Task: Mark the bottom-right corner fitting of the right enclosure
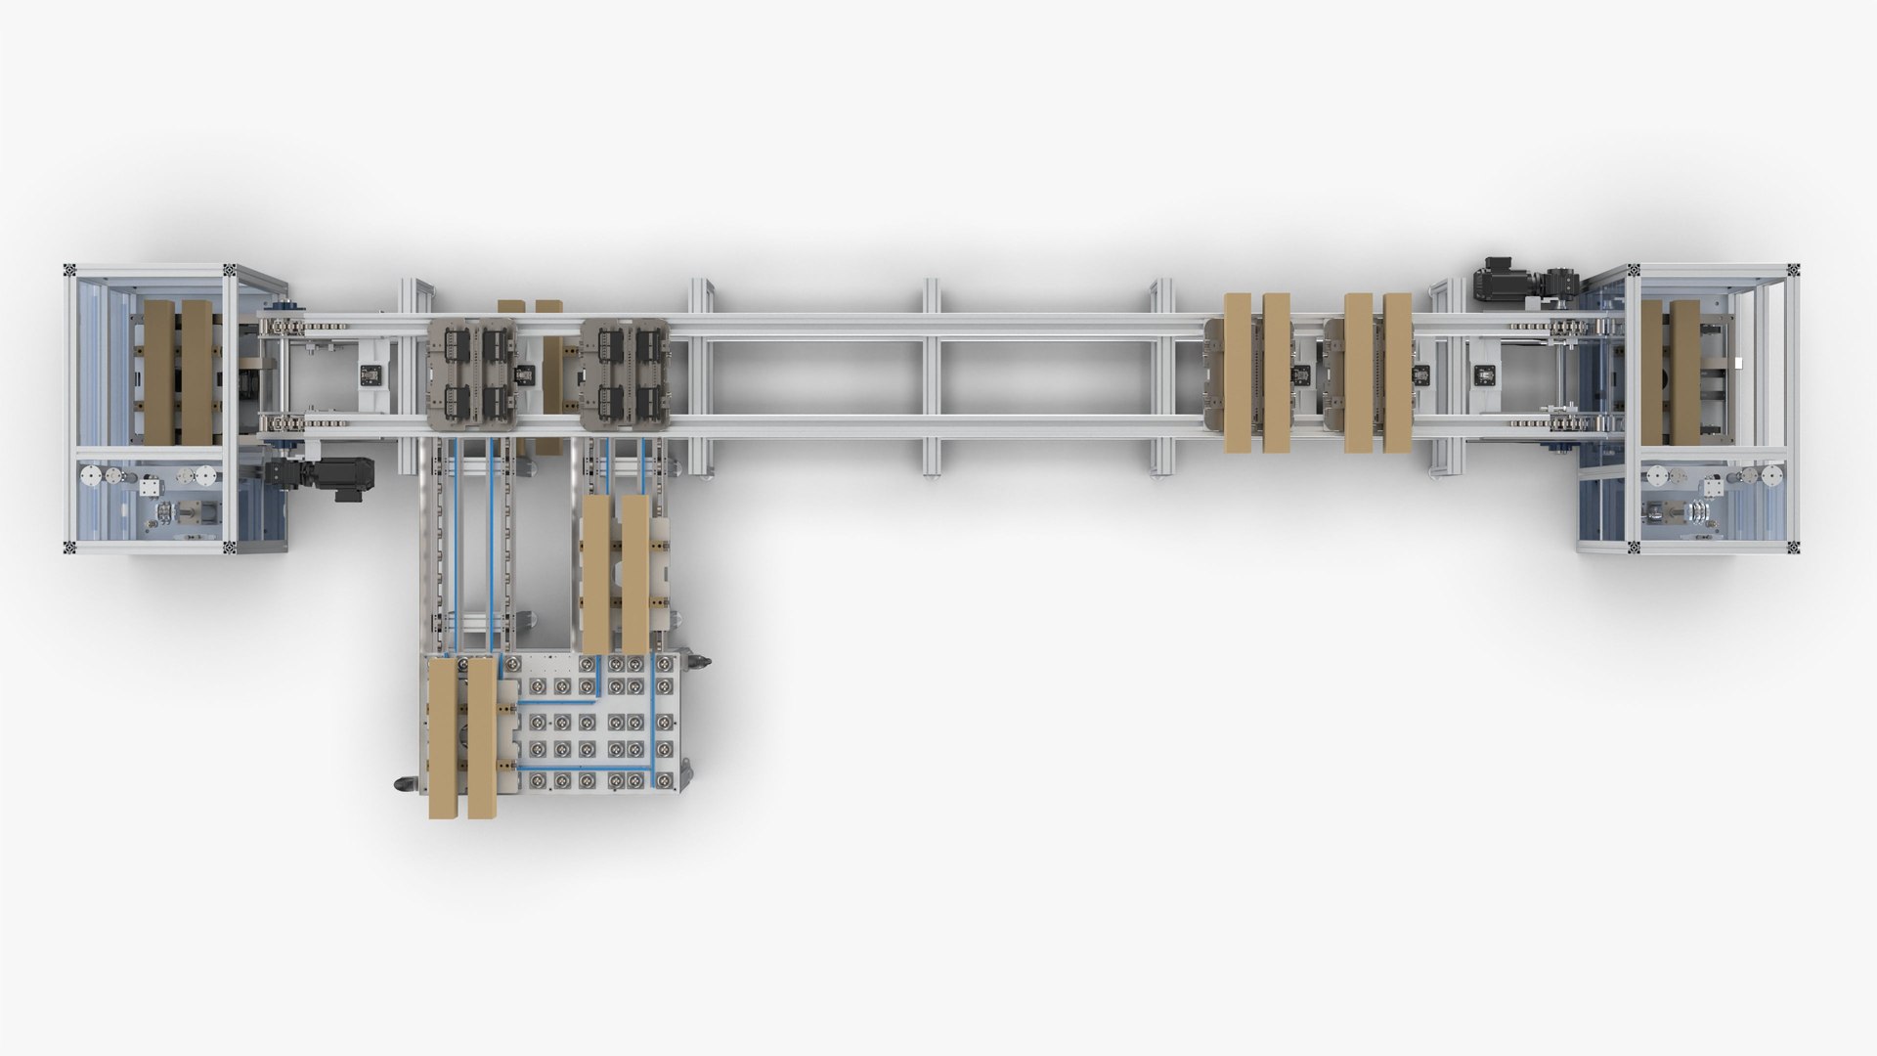pos(1796,549)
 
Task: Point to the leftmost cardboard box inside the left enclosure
pos(158,372)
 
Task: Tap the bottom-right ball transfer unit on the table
pos(664,780)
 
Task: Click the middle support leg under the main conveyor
pos(932,375)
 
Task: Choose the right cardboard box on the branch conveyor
pos(634,572)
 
